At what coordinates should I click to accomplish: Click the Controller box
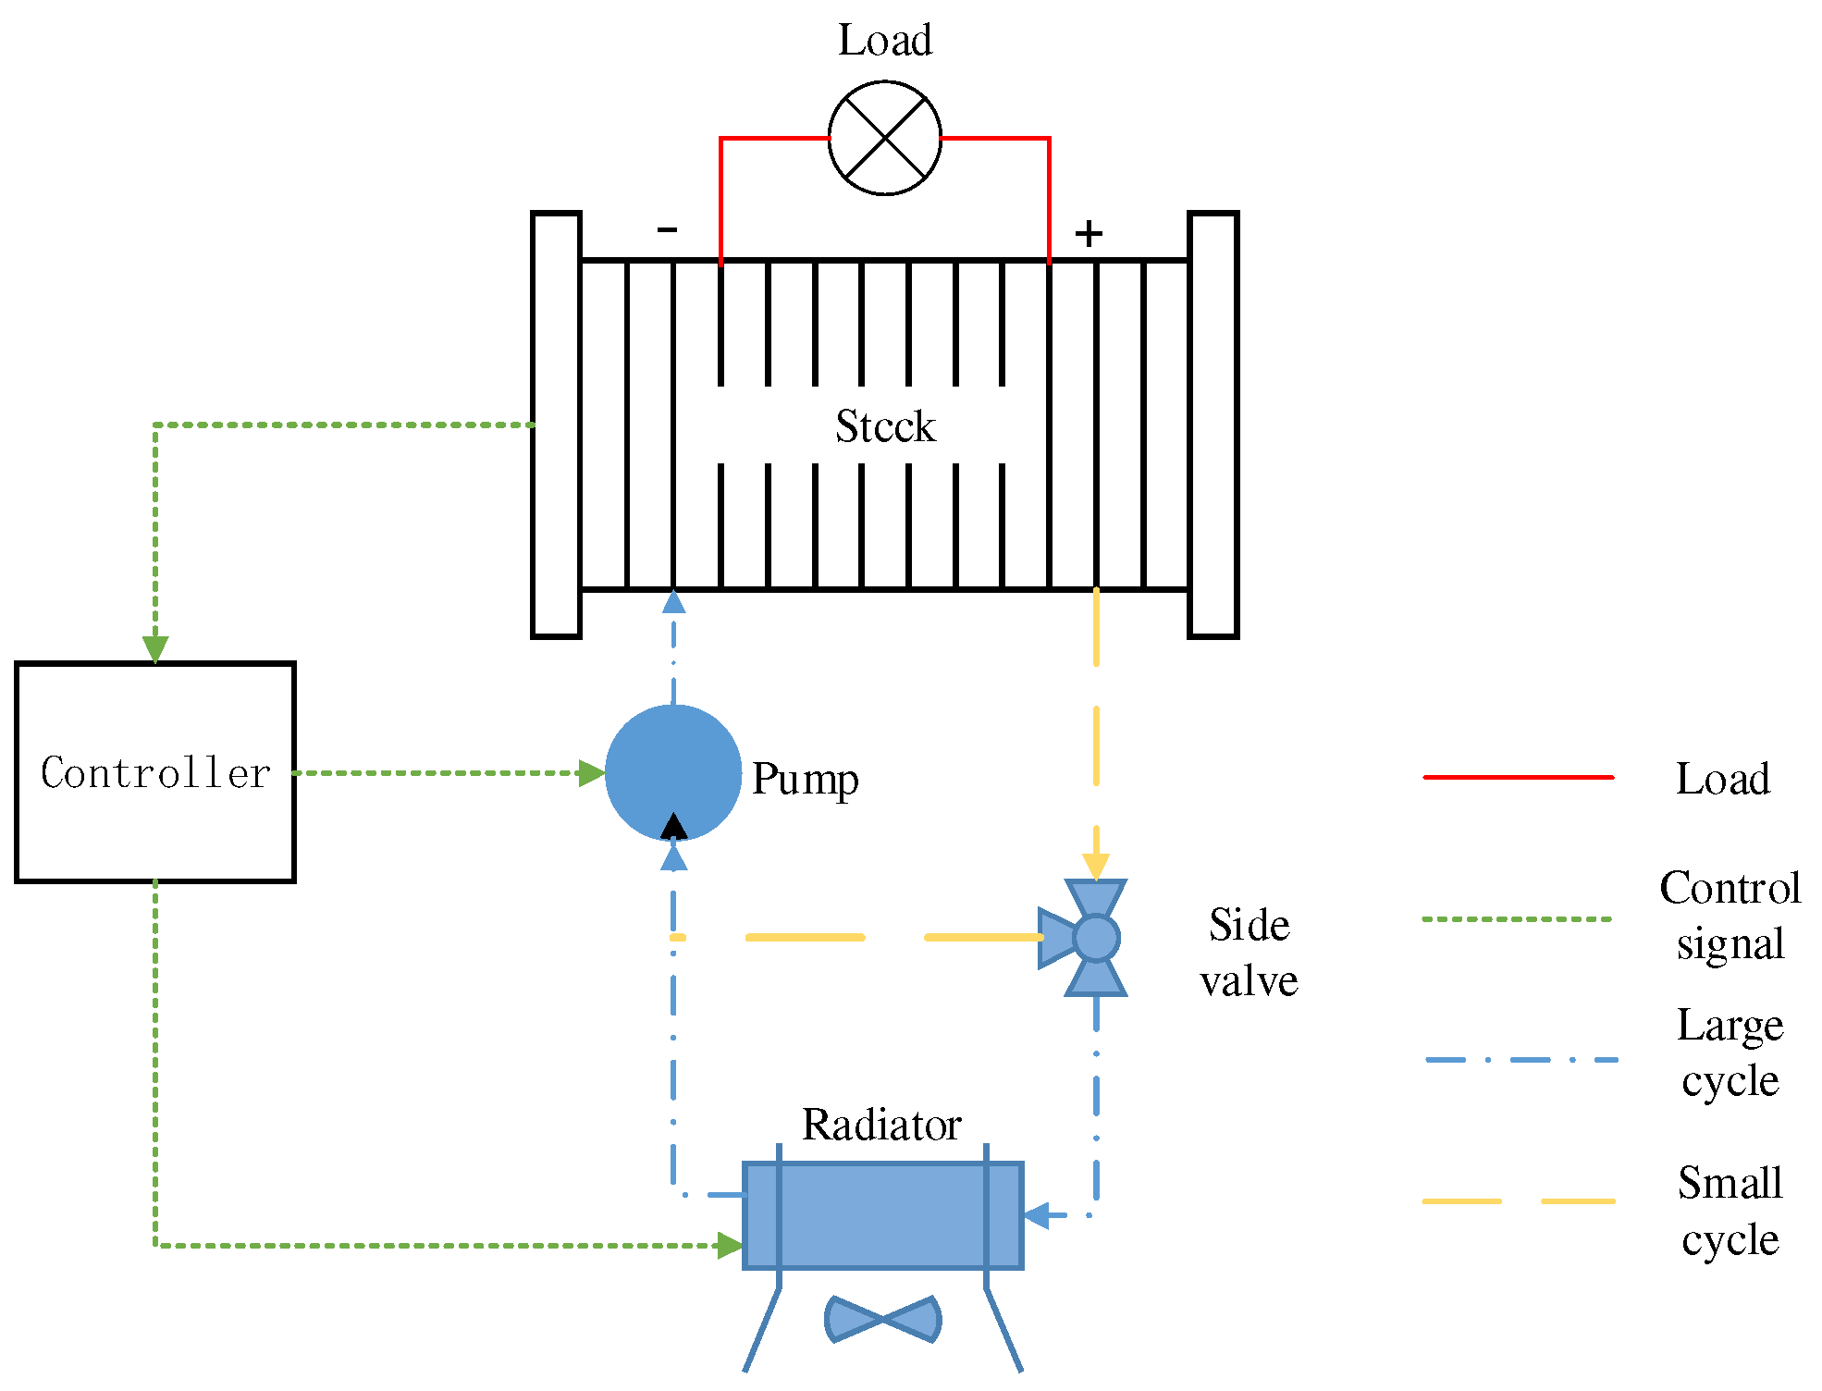coord(155,772)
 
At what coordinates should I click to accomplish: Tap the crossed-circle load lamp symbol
coord(884,138)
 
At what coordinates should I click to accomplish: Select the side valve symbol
coord(1094,938)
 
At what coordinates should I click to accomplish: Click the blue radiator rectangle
coord(882,1215)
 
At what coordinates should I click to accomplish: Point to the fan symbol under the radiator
coord(882,1319)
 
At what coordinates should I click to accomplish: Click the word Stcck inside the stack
coord(885,426)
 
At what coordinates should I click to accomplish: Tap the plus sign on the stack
coord(1089,233)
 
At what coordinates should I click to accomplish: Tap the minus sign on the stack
coord(667,228)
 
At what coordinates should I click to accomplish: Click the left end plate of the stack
coord(556,425)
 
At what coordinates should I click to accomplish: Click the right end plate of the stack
coord(1213,425)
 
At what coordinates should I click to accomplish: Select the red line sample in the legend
coord(1518,778)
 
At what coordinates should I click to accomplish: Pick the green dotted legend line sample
coord(1518,919)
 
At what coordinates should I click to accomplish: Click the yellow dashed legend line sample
coord(1518,1201)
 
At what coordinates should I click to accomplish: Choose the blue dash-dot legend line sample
coord(1521,1060)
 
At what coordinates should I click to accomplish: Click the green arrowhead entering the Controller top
coord(155,649)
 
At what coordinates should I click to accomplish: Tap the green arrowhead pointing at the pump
coord(591,773)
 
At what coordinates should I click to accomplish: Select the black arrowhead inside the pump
coord(673,826)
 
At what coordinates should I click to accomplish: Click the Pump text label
coord(805,780)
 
